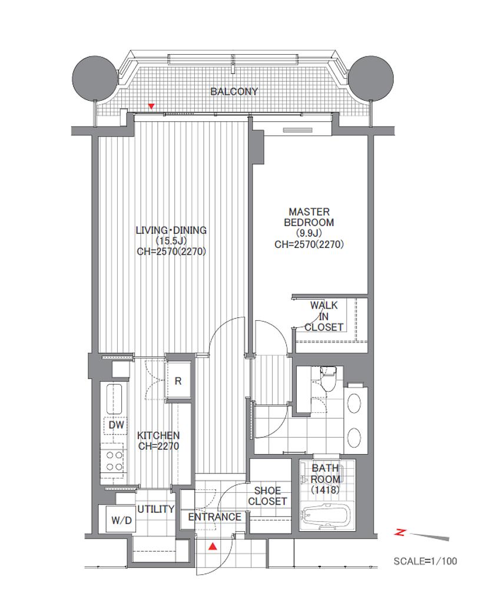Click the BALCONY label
pos(234,91)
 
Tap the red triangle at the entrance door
pos(212,546)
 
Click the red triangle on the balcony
pos(152,106)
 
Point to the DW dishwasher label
pos(117,425)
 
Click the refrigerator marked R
pos(178,381)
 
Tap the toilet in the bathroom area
pos(328,379)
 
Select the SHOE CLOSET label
pos(267,496)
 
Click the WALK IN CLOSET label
pos(324,316)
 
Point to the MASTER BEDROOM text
pos(308,217)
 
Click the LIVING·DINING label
pos(171,230)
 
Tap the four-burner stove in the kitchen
pos(114,460)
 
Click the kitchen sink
pos(114,399)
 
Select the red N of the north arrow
pos(400,532)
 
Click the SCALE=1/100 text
pos(425,561)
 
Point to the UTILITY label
pos(156,509)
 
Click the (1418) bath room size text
pos(326,490)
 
